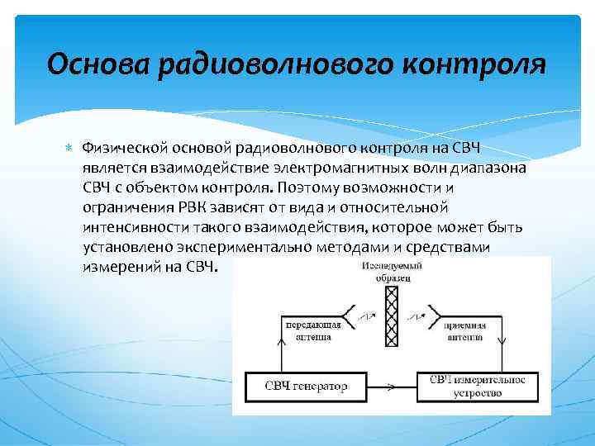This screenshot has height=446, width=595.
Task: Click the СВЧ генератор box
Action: click(x=306, y=386)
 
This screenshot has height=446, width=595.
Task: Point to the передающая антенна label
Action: click(x=315, y=330)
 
